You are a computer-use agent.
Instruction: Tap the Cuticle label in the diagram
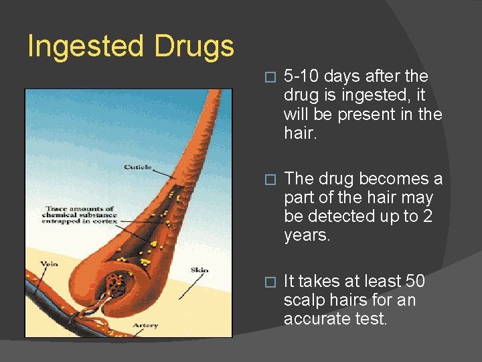138,167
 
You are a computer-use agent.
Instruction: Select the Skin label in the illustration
199,270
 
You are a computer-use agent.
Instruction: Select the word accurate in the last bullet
320,319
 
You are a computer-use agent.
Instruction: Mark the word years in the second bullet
307,235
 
